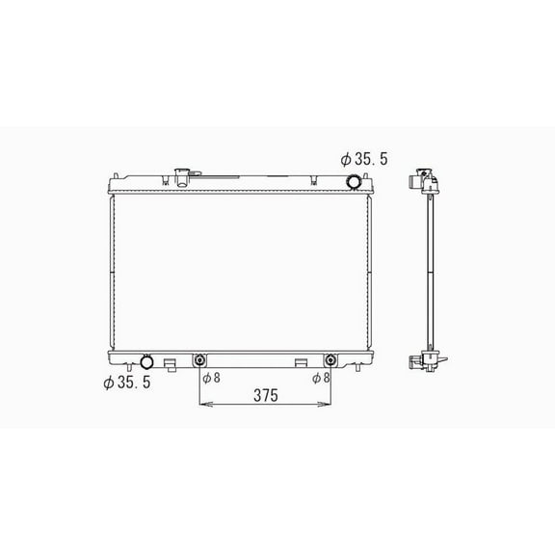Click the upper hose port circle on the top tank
point(354,182)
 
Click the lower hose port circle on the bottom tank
point(146,361)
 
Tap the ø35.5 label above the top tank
point(364,159)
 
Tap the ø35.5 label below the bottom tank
point(127,383)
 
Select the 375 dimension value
point(266,395)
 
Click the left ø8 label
point(211,378)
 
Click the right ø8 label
point(321,378)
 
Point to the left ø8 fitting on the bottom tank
point(200,360)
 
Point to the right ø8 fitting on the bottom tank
point(330,360)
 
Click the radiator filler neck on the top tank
point(182,177)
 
